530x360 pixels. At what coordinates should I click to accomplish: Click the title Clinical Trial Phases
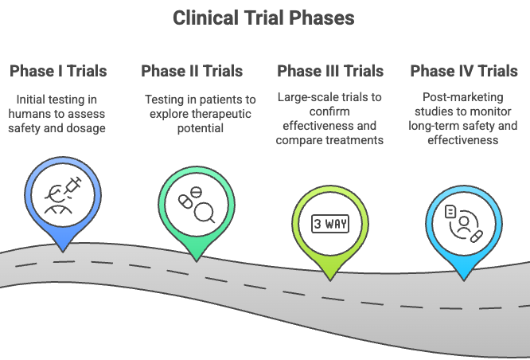tap(264, 18)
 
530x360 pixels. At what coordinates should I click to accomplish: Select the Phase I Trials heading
tap(58, 71)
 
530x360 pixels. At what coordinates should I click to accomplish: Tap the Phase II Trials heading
tap(192, 71)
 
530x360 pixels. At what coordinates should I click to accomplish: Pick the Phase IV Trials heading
tap(464, 71)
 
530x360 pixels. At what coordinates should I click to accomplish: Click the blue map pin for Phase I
tap(62, 195)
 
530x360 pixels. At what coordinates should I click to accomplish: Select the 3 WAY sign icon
tap(329, 223)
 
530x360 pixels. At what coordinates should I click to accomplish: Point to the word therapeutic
tap(212, 113)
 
